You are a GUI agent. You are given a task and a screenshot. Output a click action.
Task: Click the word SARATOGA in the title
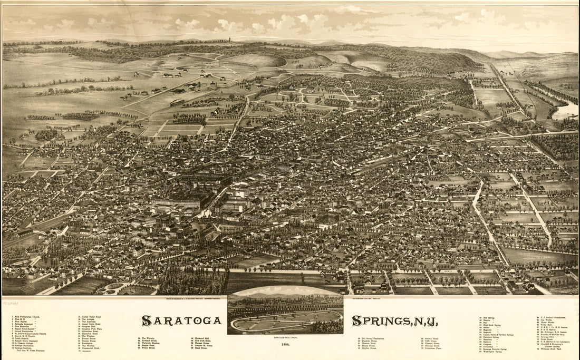(x=181, y=320)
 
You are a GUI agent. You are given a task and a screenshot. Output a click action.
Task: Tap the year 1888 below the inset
(x=285, y=344)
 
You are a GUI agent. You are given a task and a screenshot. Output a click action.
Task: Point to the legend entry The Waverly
(x=148, y=338)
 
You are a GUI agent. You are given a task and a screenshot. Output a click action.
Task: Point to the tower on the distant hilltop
(x=230, y=40)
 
